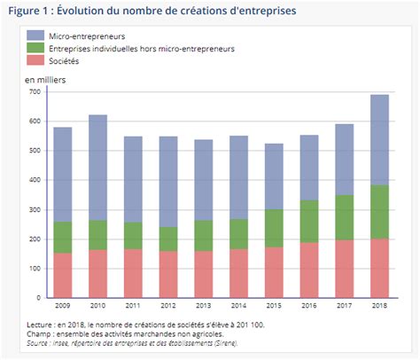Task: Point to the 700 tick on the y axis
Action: point(35,91)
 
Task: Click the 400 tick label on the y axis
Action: point(35,180)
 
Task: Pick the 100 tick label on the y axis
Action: point(35,268)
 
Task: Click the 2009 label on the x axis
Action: point(62,305)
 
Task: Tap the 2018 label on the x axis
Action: point(378,305)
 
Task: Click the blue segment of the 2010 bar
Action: point(99,168)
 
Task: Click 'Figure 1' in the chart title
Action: point(27,11)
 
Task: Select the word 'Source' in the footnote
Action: point(39,341)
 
